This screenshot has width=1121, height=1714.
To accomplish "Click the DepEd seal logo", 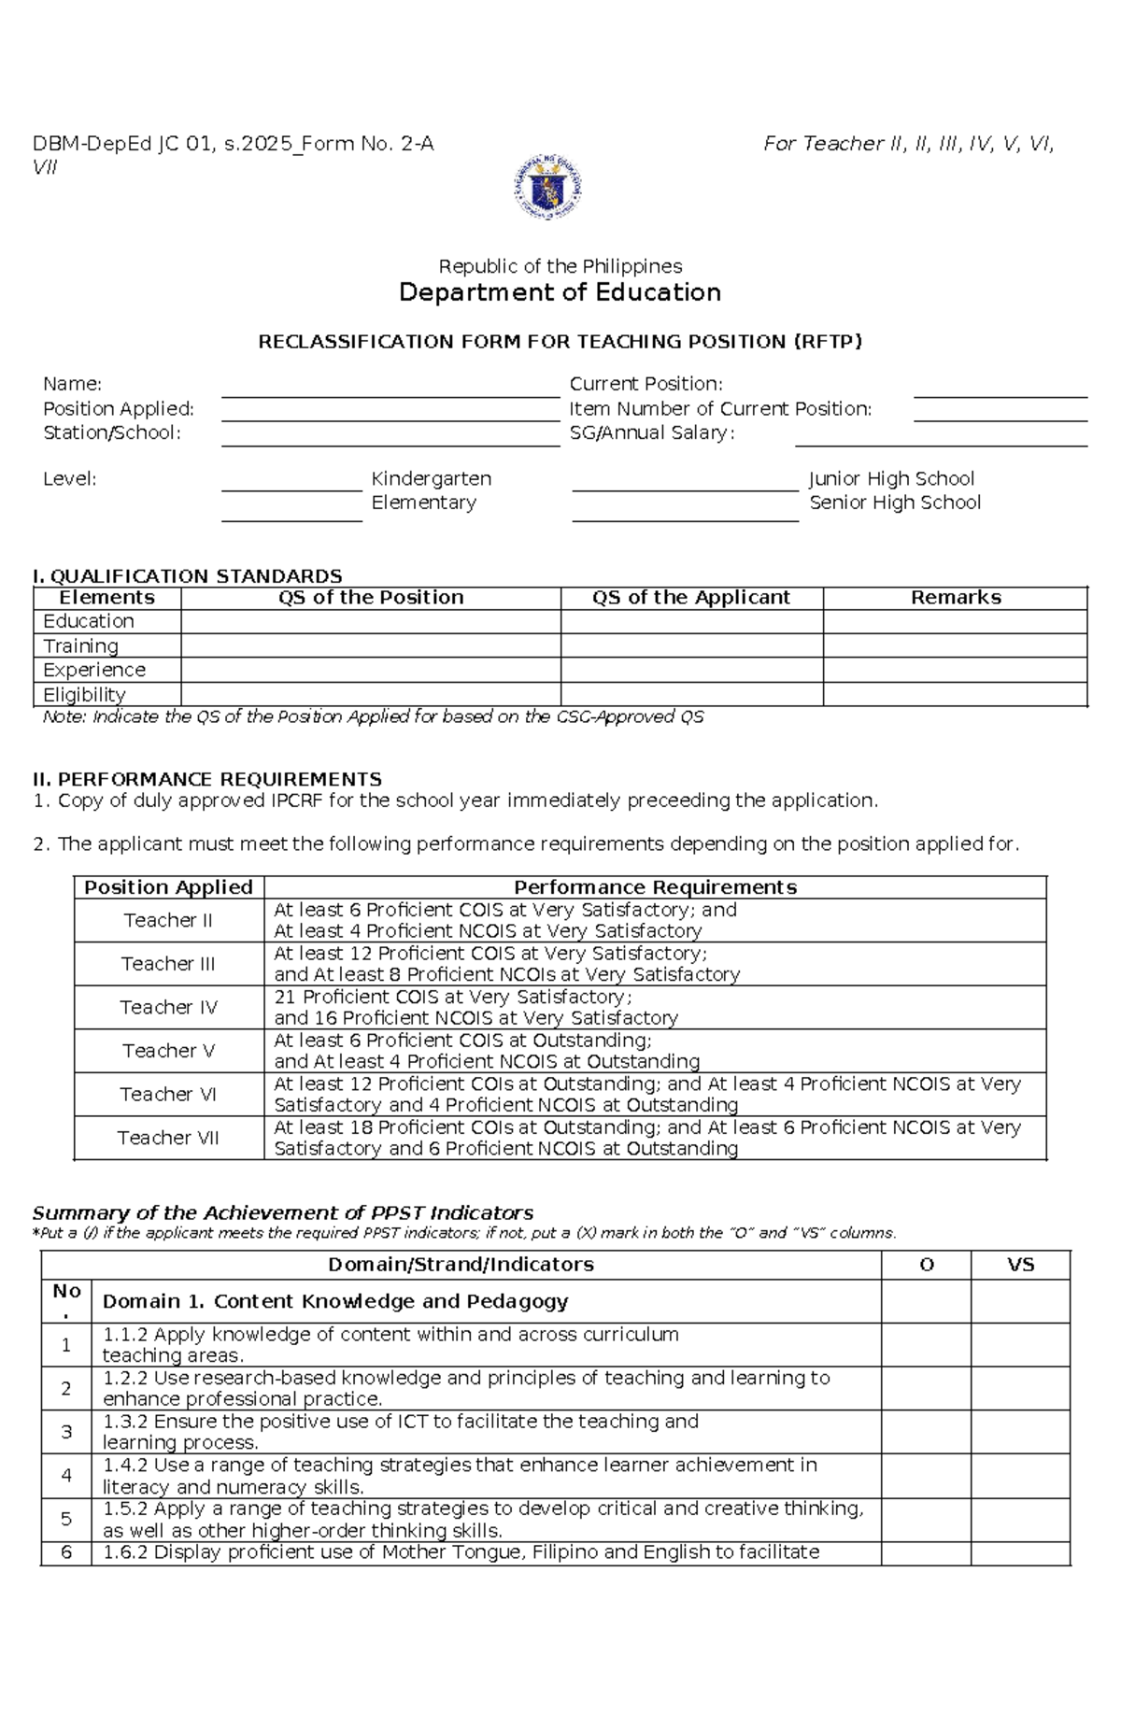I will tap(547, 187).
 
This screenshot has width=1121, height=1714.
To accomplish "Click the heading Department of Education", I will tap(560, 292).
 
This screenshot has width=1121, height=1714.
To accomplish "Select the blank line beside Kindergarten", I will tap(291, 484).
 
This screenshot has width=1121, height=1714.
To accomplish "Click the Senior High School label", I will tap(894, 503).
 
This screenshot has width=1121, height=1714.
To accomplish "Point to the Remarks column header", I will tap(955, 598).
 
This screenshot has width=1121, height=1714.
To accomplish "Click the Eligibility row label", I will tap(84, 695).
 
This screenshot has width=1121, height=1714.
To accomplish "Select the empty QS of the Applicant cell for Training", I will tap(691, 645).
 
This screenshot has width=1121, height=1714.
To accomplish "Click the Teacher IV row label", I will tap(168, 1007).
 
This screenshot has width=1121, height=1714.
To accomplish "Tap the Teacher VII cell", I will tap(168, 1138).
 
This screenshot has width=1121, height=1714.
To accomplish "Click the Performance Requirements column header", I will tap(655, 887).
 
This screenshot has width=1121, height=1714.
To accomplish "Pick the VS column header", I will tap(1020, 1265).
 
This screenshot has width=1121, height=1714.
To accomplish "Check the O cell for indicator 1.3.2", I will tap(926, 1432).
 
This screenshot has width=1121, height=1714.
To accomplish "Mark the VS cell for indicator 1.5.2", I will tap(1020, 1519).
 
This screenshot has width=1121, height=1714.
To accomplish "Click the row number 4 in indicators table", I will tap(66, 1476).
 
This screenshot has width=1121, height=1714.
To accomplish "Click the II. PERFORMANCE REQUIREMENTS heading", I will tap(207, 779).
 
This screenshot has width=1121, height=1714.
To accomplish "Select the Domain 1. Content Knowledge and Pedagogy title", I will tap(334, 1301).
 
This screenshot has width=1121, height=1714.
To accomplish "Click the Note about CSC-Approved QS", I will tap(373, 717).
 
